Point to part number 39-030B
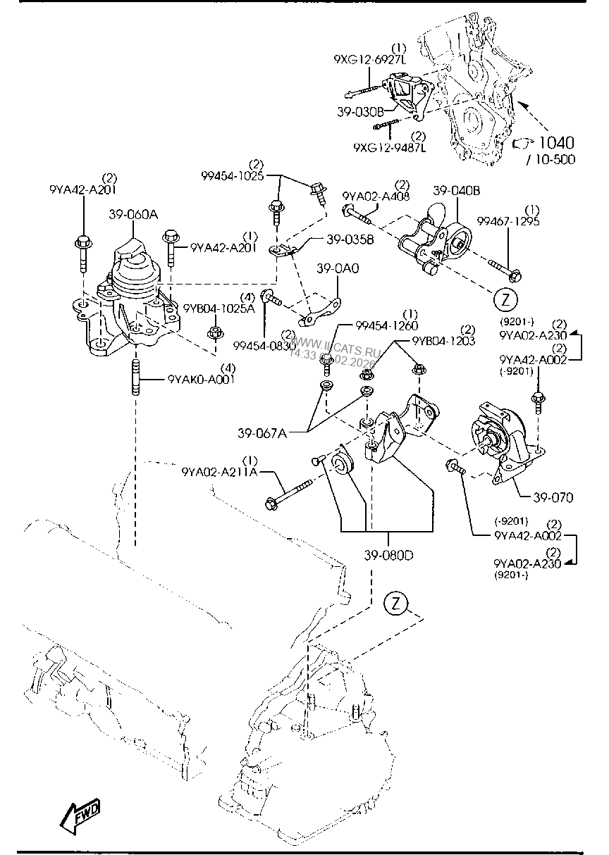click(x=360, y=111)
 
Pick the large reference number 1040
click(x=556, y=143)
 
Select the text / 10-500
click(x=550, y=160)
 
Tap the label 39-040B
click(x=456, y=190)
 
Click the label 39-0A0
click(x=337, y=268)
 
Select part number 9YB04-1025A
click(x=219, y=308)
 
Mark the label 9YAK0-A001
click(x=201, y=379)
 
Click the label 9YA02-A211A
click(x=219, y=471)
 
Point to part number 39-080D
click(x=388, y=554)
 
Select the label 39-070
click(x=553, y=498)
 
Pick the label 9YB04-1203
click(x=444, y=340)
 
